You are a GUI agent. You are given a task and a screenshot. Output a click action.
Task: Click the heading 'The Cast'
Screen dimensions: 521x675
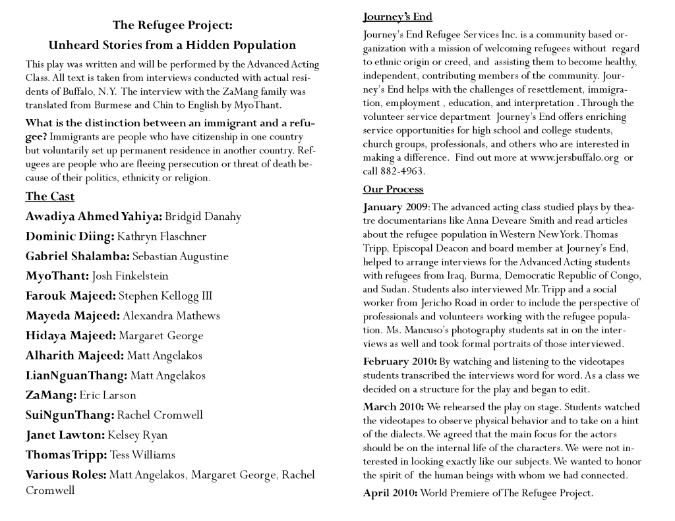coord(50,196)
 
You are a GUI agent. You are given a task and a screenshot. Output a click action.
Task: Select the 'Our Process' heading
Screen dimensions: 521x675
coord(393,189)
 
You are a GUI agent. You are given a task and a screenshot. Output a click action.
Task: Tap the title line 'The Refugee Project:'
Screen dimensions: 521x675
coord(172,26)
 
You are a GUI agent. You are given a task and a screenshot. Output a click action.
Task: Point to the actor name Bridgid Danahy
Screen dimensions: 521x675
coord(203,217)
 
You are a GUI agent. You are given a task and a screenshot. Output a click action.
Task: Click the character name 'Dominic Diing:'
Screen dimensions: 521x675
coord(70,236)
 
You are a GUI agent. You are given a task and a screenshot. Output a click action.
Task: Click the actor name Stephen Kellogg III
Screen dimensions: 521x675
coord(165,296)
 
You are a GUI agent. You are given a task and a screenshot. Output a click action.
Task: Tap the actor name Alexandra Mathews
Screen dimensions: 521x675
coord(171,315)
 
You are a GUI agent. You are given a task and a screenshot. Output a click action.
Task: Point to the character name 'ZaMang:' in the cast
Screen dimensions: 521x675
coord(51,395)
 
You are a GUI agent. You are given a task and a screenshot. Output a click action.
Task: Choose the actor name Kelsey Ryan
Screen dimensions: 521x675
coord(138,435)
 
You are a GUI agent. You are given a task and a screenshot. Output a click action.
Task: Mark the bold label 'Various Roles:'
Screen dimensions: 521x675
coord(66,474)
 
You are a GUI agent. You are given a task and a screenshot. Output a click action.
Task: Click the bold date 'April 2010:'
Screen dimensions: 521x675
coord(390,493)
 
